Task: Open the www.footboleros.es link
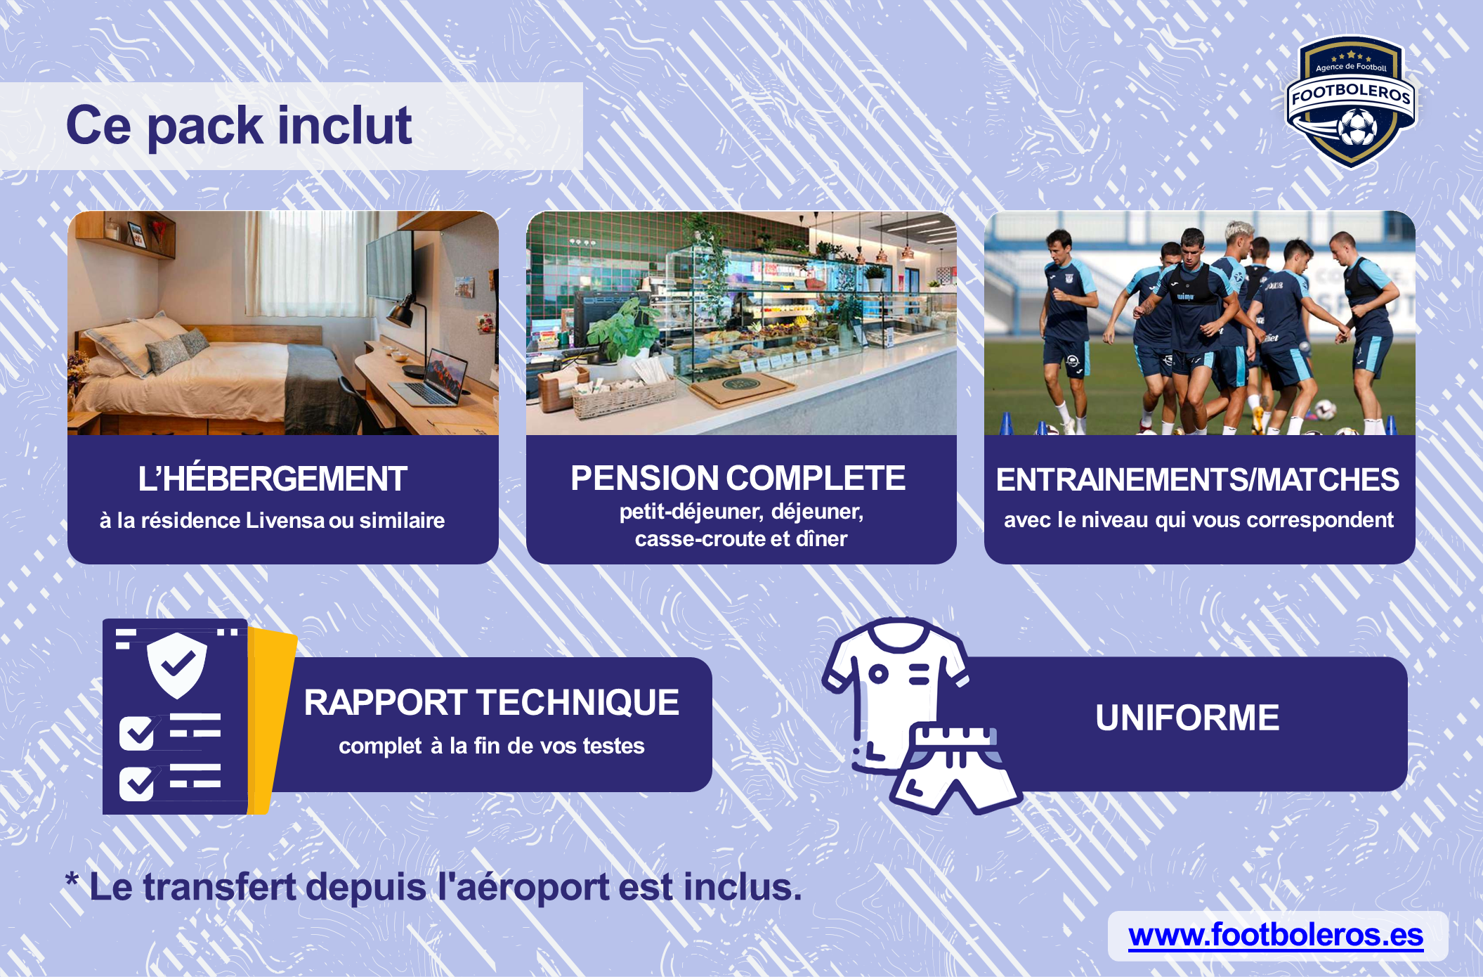[1276, 936]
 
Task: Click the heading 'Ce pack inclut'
[239, 126]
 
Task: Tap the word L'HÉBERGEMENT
[273, 479]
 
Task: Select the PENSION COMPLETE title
[738, 478]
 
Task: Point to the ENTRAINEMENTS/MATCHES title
[1198, 479]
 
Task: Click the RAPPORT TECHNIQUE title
[492, 702]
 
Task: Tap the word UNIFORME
[1187, 718]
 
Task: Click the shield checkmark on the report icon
[177, 664]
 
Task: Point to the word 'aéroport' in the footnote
[523, 888]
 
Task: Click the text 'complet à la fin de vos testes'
[491, 746]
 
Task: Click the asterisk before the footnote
[72, 879]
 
